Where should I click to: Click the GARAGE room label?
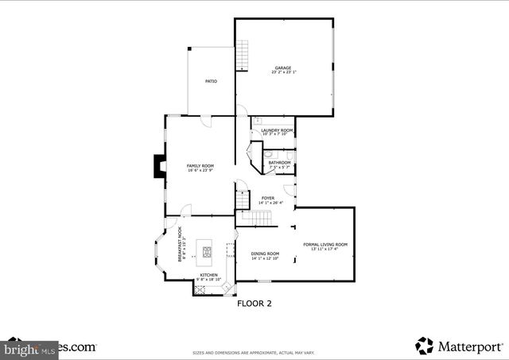(x=283, y=68)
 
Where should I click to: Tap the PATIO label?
(x=211, y=81)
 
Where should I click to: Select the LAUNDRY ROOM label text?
(x=277, y=130)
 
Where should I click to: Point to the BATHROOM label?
(x=279, y=163)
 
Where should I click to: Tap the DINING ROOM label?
(x=266, y=254)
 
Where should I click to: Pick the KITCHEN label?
(x=208, y=275)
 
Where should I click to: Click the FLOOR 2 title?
(x=254, y=303)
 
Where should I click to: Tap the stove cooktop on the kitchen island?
(x=208, y=254)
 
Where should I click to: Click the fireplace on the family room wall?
(x=161, y=166)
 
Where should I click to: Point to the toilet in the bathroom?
(x=268, y=154)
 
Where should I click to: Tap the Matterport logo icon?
(x=425, y=346)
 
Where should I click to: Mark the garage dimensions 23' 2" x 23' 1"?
(x=283, y=72)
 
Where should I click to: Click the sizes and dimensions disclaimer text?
(x=254, y=353)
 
